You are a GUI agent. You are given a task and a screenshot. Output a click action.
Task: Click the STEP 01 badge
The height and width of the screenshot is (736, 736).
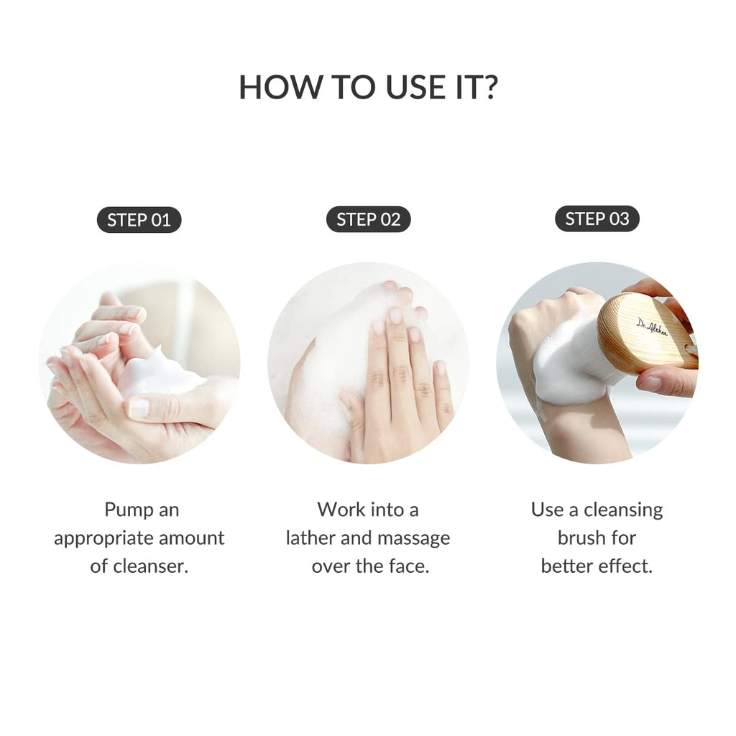(x=139, y=220)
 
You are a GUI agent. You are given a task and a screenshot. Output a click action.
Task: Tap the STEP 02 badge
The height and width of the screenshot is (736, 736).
(x=368, y=220)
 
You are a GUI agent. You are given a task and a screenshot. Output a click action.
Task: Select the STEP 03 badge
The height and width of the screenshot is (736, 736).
(x=597, y=219)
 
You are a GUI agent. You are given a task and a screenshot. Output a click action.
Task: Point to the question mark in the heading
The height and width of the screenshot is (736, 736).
(x=489, y=87)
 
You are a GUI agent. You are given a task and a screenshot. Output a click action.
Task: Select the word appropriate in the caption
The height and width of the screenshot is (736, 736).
(x=103, y=538)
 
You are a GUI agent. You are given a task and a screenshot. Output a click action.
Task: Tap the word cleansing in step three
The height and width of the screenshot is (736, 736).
(x=623, y=510)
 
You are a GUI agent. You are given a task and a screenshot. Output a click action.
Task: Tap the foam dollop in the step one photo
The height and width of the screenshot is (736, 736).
(x=158, y=374)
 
